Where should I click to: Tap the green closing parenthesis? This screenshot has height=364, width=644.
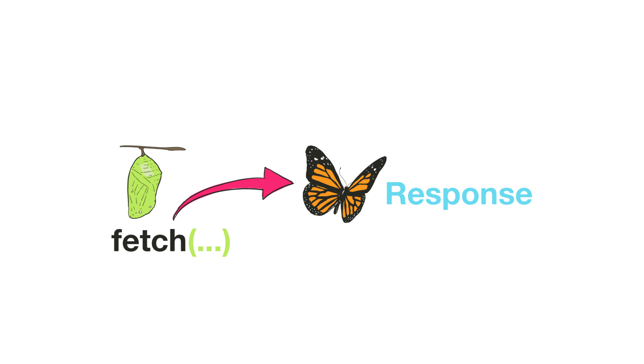226,242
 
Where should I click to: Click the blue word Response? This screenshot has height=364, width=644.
459,195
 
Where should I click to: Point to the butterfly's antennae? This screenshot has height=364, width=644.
342,176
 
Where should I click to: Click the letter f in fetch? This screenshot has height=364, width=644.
117,240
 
